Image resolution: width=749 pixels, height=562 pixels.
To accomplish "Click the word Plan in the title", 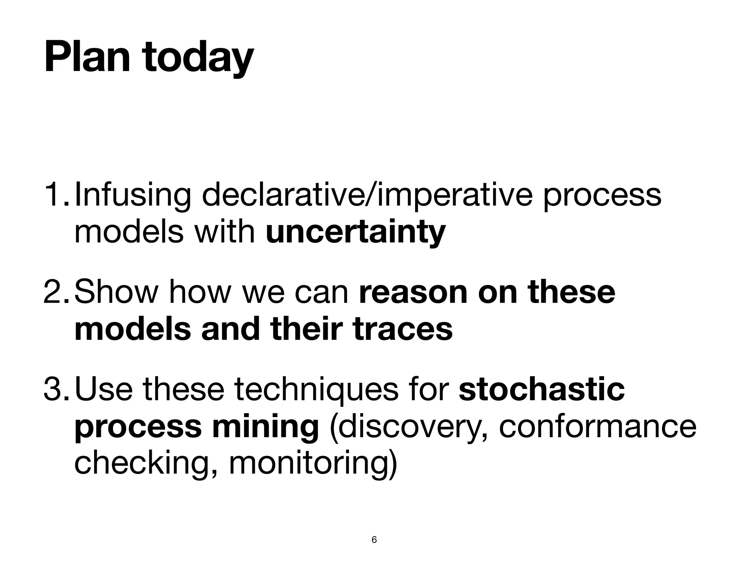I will pyautogui.click(x=87, y=58).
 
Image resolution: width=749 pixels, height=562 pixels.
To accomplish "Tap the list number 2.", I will pyautogui.click(x=56, y=292).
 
